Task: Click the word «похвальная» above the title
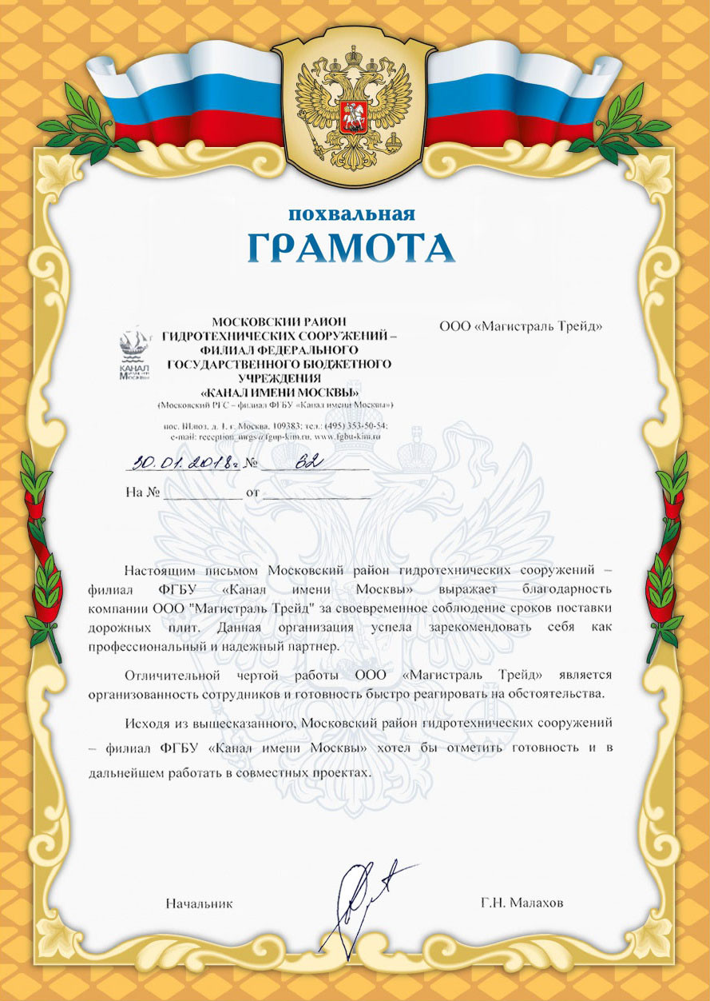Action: pyautogui.click(x=352, y=213)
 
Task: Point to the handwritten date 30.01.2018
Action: pyautogui.click(x=183, y=462)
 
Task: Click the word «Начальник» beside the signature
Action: pyautogui.click(x=199, y=903)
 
